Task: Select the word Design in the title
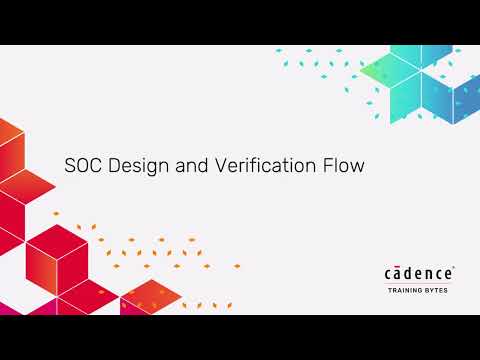(135, 167)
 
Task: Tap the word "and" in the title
(191, 166)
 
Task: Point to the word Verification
(258, 166)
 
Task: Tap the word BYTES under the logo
(440, 292)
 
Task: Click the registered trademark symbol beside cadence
(455, 267)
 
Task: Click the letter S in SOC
(70, 166)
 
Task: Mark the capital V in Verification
(221, 166)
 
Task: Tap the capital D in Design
(114, 166)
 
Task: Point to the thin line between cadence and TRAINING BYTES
(420, 284)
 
